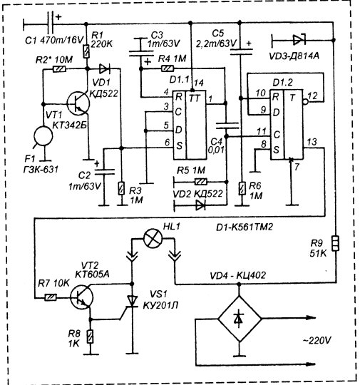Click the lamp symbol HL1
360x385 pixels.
[153, 238]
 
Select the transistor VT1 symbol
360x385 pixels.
[78, 103]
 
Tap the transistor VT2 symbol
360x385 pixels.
[81, 297]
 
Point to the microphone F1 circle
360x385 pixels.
[43, 135]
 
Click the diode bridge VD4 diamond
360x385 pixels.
[240, 319]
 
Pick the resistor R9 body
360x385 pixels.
[335, 243]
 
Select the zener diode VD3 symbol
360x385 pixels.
[299, 39]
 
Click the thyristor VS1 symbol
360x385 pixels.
[132, 302]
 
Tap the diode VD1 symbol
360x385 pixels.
[104, 69]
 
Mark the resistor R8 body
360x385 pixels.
[91, 337]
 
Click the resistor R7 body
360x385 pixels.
[51, 297]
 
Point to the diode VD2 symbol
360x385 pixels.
[200, 205]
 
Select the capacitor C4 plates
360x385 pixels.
[227, 125]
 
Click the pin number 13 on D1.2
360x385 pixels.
[312, 142]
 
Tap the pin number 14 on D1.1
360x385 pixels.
[198, 83]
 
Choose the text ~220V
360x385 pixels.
[317, 340]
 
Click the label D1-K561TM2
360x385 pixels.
[245, 227]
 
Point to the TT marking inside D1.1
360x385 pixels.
[195, 98]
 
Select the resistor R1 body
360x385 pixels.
[86, 51]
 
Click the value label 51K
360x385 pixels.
[318, 253]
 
